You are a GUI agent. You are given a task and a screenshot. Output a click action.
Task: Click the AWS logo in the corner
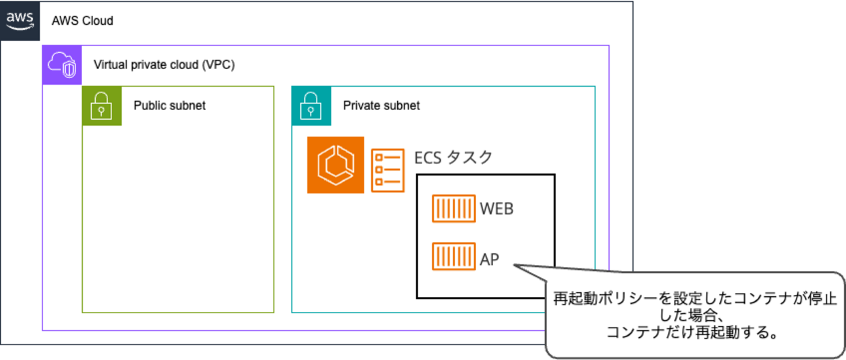(20, 20)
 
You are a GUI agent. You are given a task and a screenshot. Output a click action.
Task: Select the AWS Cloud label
(83, 21)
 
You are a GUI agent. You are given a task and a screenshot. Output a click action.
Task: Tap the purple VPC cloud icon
(62, 65)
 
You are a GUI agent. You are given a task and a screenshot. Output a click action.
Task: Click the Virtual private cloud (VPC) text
(164, 65)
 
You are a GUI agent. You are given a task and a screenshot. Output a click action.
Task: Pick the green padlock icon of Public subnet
(102, 105)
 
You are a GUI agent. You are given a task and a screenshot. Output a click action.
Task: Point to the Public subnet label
(169, 105)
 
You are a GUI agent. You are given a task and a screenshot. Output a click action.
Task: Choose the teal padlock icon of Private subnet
(311, 105)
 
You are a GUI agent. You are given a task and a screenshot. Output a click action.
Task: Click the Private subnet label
(382, 105)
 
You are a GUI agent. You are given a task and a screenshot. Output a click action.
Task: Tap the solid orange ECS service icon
(335, 165)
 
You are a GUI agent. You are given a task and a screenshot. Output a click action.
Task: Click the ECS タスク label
(453, 158)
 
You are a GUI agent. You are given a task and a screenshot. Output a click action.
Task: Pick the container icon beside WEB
(453, 209)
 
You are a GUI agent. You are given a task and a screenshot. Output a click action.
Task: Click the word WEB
(497, 209)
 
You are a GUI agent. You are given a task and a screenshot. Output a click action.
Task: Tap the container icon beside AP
(453, 256)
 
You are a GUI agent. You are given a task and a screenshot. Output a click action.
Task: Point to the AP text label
(490, 259)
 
